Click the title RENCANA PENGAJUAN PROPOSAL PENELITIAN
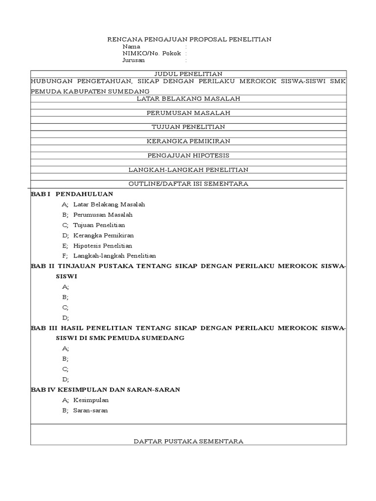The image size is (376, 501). click(x=189, y=39)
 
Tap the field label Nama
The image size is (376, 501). click(x=131, y=46)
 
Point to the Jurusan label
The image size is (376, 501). click(x=134, y=60)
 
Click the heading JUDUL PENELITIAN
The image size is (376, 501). click(x=188, y=74)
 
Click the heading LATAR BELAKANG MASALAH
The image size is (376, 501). click(x=188, y=98)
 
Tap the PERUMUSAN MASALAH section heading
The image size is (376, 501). click(x=188, y=113)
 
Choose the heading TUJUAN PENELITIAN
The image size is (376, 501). click(x=188, y=127)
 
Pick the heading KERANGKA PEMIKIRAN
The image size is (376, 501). click(x=188, y=141)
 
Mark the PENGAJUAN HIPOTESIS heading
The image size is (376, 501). click(x=188, y=155)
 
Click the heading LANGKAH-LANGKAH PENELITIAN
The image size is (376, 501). click(x=188, y=169)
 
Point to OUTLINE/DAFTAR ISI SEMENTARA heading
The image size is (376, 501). click(x=188, y=183)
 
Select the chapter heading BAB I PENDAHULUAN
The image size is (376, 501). click(x=72, y=194)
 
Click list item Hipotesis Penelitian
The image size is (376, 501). click(x=103, y=246)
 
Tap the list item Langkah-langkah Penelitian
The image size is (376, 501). click(x=115, y=255)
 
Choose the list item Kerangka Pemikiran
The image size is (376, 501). click(x=103, y=235)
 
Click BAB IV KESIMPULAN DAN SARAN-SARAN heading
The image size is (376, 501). click(x=105, y=389)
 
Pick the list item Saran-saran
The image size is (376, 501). click(x=91, y=410)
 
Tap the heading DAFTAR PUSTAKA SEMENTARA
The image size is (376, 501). click(x=188, y=441)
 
